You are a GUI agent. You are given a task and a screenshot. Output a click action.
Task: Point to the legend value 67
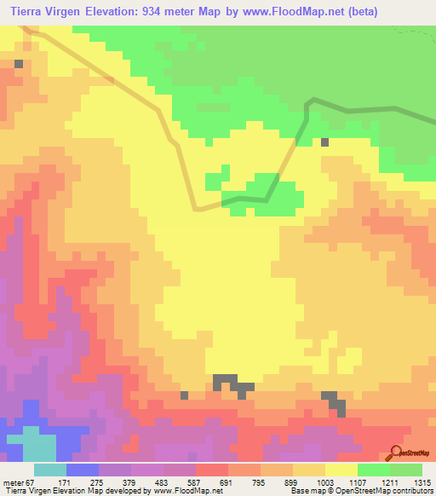tap(31, 482)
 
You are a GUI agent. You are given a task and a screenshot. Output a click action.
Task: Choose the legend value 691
tap(227, 482)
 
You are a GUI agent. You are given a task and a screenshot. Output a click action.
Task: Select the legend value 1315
tap(423, 482)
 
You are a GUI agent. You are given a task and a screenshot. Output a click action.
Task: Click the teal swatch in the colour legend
tap(49, 470)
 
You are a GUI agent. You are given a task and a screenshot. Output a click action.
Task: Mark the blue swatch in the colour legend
tap(82, 470)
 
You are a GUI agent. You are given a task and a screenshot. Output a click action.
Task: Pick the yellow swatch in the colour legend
tap(341, 470)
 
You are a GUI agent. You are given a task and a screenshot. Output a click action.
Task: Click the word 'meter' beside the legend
tap(12, 482)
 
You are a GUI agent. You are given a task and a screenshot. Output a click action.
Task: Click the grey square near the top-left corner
tap(19, 64)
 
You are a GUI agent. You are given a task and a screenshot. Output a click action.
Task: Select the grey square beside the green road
tap(325, 142)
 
